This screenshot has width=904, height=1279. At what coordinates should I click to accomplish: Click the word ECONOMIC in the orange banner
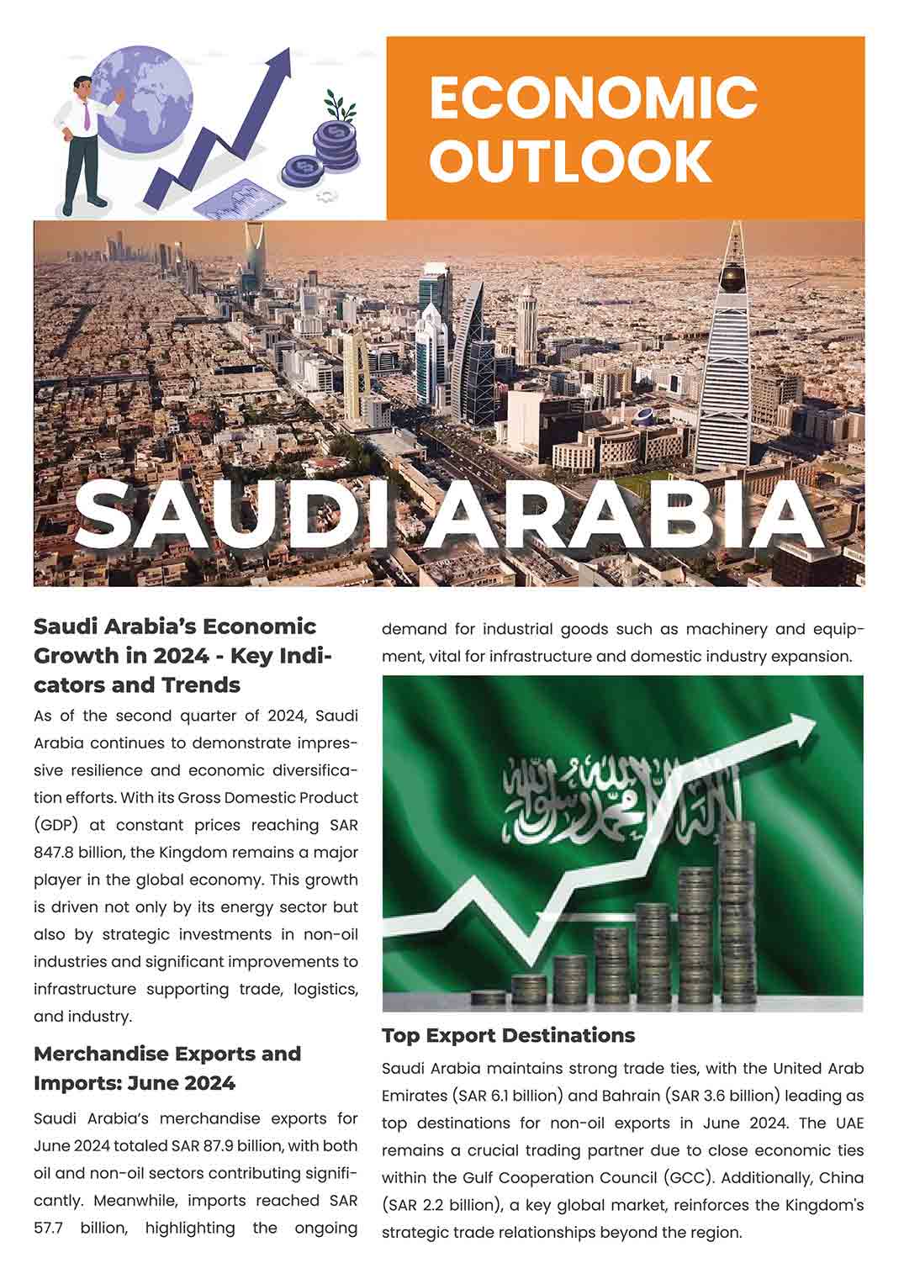[593, 97]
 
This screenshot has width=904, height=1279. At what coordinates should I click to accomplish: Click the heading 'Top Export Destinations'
[508, 1035]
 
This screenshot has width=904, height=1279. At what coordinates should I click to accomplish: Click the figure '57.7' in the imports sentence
[50, 1228]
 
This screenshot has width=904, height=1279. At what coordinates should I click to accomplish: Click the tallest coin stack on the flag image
[737, 908]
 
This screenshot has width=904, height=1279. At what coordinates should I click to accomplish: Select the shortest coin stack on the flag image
[488, 998]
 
